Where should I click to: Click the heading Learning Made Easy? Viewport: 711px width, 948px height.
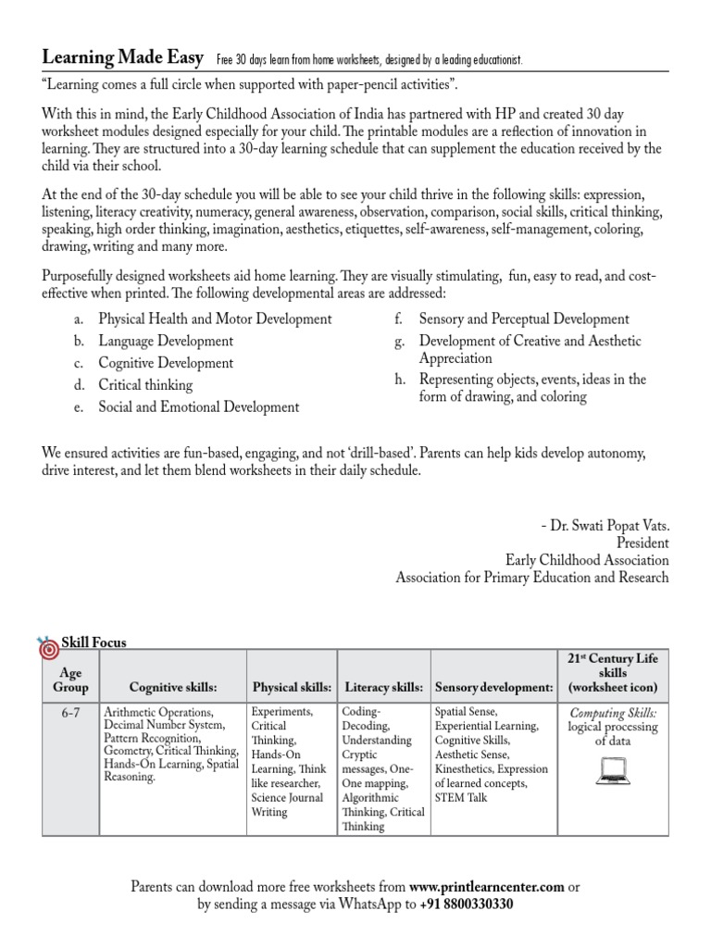click(123, 58)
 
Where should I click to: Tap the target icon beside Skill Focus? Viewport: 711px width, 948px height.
click(48, 648)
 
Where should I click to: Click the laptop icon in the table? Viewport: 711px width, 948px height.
click(612, 768)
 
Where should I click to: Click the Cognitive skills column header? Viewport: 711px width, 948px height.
click(173, 687)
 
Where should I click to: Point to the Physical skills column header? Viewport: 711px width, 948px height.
click(292, 687)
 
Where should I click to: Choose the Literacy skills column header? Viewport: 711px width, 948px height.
click(384, 687)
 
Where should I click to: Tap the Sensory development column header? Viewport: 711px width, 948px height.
click(493, 687)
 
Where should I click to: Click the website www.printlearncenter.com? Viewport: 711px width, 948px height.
click(486, 886)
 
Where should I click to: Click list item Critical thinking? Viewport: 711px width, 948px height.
click(145, 384)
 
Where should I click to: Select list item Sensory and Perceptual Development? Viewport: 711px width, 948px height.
click(524, 318)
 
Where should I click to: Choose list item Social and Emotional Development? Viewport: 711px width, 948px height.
click(199, 406)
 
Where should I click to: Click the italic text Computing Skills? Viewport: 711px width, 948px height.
click(612, 713)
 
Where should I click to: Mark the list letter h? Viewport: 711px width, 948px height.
click(399, 380)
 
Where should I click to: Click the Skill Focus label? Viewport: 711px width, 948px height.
click(94, 642)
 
